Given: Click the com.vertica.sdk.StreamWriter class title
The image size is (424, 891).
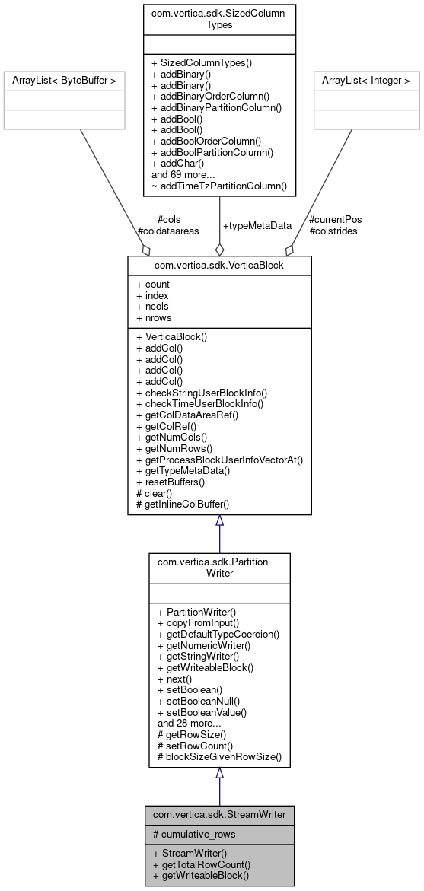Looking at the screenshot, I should coord(219,814).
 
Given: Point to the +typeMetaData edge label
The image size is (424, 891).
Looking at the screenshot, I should coord(257,226).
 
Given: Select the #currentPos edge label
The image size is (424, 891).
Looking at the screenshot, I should coord(335,220).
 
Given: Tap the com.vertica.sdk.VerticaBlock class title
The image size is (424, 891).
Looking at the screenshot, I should coord(219,264).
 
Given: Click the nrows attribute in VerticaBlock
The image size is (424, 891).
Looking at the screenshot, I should coord(154,317).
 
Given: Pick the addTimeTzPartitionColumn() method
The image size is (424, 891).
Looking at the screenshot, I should coord(219,185).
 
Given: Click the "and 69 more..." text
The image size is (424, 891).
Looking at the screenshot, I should coord(183,173).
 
